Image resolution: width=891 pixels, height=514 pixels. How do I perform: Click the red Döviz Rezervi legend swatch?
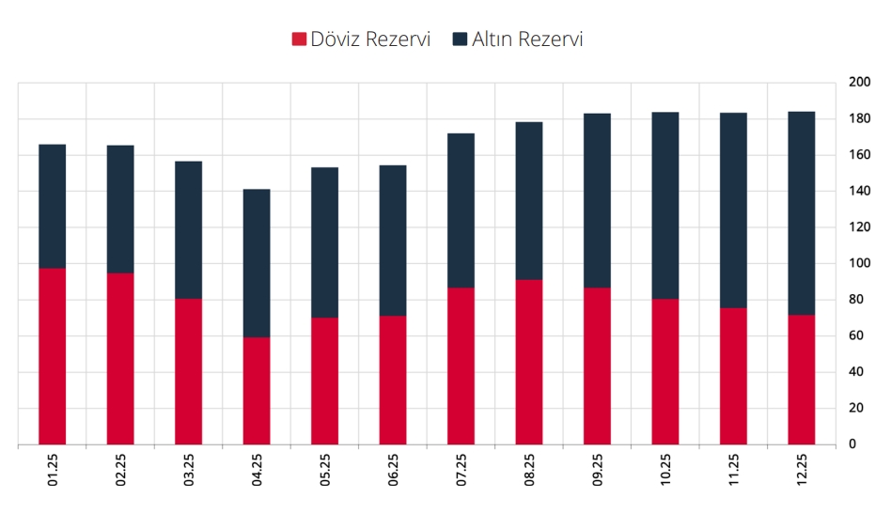click(x=300, y=39)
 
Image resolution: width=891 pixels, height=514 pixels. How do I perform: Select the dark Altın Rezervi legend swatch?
click(x=461, y=39)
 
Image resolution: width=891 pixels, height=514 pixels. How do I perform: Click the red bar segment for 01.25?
click(x=53, y=356)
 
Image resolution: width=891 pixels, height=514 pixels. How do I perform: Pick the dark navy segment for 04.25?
click(x=257, y=263)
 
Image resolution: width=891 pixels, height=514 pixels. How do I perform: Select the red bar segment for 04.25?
click(x=257, y=390)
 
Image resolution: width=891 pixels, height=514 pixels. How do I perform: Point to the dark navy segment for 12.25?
click(x=802, y=213)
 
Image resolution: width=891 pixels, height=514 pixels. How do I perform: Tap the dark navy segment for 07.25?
click(x=461, y=210)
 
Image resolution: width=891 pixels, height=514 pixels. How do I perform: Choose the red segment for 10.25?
click(x=665, y=371)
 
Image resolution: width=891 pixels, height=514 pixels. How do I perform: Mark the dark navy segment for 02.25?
click(x=120, y=210)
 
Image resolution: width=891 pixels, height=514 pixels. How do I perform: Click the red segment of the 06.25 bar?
click(x=393, y=380)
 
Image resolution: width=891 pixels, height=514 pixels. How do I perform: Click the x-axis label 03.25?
click(x=190, y=470)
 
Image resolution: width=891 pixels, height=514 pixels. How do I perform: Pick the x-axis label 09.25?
click(x=599, y=470)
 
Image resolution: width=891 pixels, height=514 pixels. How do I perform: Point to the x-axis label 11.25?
click(x=735, y=470)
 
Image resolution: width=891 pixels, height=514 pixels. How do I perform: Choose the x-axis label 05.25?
click(x=326, y=470)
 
